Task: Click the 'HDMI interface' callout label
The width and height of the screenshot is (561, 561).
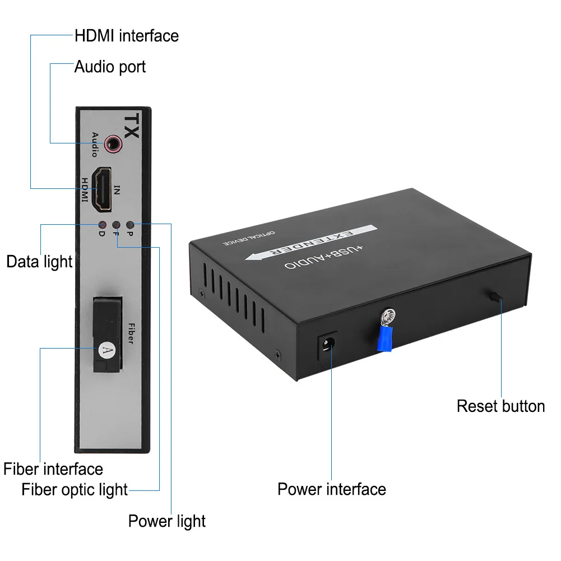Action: click(127, 36)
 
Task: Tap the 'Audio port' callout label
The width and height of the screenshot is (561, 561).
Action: click(110, 67)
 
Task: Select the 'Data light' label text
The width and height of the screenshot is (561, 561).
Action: click(39, 261)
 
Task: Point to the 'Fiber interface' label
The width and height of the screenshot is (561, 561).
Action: click(53, 469)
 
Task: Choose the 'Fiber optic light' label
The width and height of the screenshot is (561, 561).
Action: click(75, 489)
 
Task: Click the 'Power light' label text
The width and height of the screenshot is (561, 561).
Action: click(167, 521)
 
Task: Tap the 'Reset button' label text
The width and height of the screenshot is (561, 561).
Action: click(500, 406)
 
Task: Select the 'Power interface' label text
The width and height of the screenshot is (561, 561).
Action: click(332, 489)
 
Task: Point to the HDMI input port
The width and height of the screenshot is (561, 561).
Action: click(101, 189)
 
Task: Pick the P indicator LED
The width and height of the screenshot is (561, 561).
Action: click(130, 224)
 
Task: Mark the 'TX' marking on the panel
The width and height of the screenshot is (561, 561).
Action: click(131, 126)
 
